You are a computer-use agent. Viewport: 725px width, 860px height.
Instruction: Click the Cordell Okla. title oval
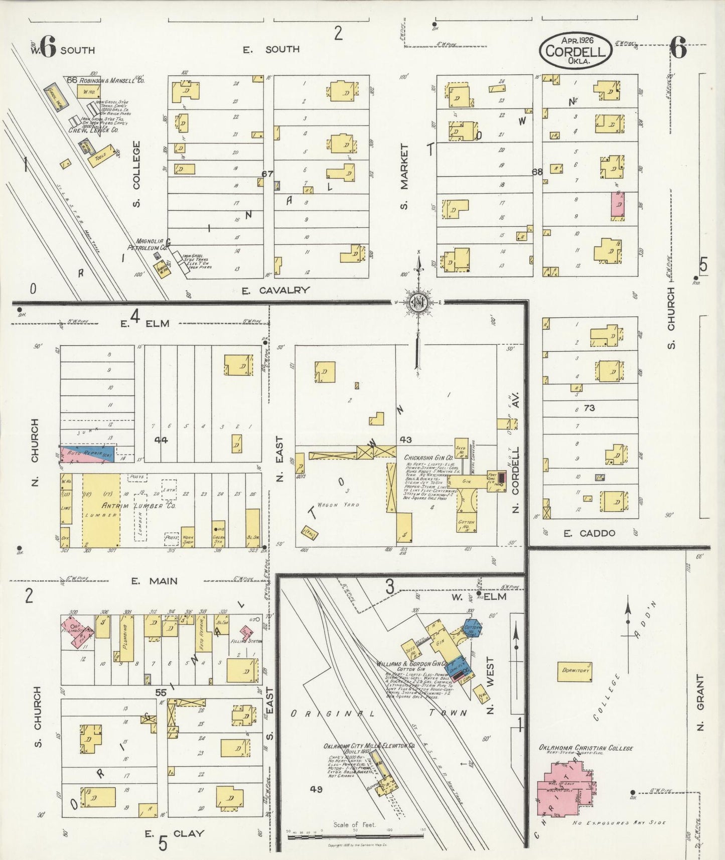point(575,51)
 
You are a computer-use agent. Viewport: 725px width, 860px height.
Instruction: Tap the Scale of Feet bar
point(355,836)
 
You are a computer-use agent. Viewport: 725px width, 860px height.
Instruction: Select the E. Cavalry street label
point(275,290)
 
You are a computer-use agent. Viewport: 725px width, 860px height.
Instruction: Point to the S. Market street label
point(405,176)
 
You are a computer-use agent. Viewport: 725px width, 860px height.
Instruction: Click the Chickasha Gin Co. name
point(428,458)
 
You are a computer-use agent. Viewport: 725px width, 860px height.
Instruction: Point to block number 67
point(267,174)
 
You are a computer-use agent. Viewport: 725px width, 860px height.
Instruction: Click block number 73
point(589,408)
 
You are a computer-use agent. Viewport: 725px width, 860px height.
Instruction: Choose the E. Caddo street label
point(589,533)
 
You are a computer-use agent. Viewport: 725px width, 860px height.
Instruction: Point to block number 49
point(316,789)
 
